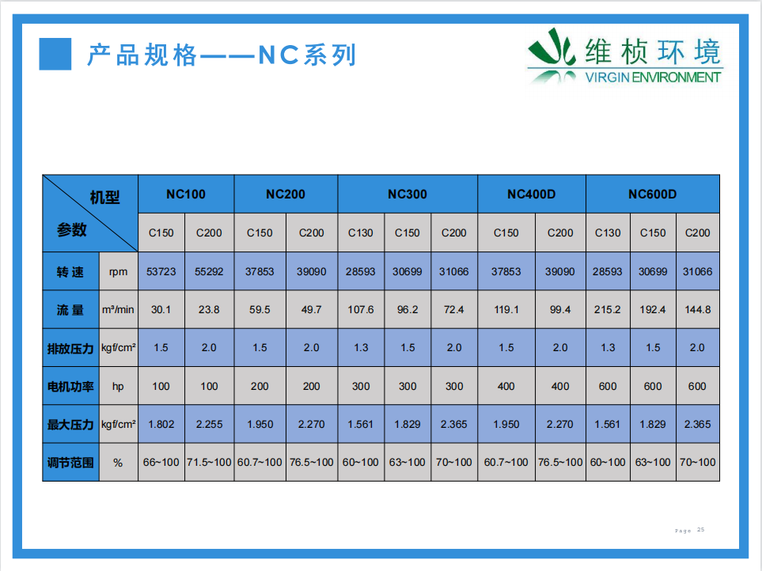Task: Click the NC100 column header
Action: click(186, 195)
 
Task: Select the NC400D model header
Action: click(531, 195)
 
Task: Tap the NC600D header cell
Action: click(652, 195)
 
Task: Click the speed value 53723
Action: click(161, 271)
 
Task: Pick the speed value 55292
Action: click(209, 271)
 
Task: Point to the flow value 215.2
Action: click(608, 309)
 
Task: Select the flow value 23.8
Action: click(209, 309)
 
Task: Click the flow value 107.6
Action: click(361, 309)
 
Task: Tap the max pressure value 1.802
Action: click(161, 425)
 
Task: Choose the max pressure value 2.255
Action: click(209, 425)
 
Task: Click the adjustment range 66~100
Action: click(161, 462)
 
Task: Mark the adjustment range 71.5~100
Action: click(209, 462)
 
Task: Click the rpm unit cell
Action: click(118, 272)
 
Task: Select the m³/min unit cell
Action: click(118, 309)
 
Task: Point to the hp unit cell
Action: click(118, 387)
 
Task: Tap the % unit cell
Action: click(118, 463)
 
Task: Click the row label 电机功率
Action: click(70, 387)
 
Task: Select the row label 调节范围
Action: click(70, 463)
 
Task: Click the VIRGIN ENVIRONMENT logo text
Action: click(653, 78)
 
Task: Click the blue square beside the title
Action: click(55, 54)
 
